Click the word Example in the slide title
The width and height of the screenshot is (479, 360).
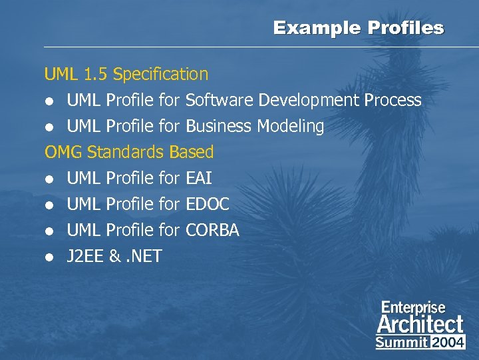pos(311,28)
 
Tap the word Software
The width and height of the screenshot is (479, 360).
pos(220,100)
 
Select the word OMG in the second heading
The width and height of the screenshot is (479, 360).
pos(63,152)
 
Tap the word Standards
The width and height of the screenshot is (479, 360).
pos(125,152)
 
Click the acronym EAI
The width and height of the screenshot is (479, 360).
pos(199,178)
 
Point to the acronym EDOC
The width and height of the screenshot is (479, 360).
pos(208,204)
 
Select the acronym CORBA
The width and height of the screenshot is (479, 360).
pos(212,230)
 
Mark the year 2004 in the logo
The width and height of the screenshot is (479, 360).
pos(449,342)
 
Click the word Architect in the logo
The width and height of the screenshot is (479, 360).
pos(420,325)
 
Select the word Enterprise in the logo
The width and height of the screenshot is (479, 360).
pos(413,307)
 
